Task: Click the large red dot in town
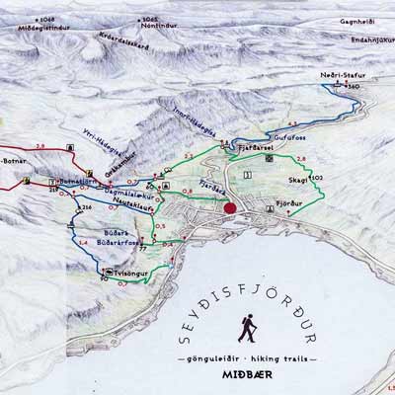pos(230,208)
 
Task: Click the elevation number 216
pos(85,207)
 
